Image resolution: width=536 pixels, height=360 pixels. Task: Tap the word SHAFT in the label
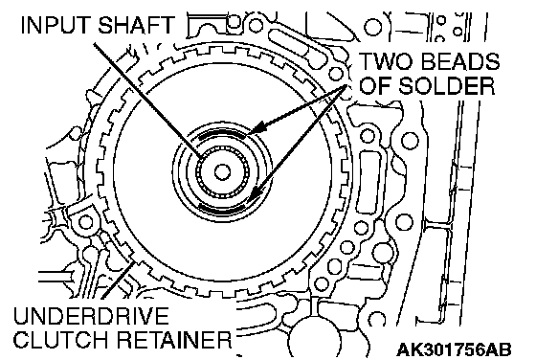(x=136, y=25)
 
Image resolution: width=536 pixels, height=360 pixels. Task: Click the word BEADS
(x=458, y=62)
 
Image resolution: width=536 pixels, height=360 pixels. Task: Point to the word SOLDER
(x=447, y=85)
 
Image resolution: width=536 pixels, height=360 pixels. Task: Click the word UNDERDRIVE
(x=91, y=316)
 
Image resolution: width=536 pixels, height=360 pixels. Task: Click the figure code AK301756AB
(x=454, y=349)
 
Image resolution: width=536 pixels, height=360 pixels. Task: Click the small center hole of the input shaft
(x=222, y=172)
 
